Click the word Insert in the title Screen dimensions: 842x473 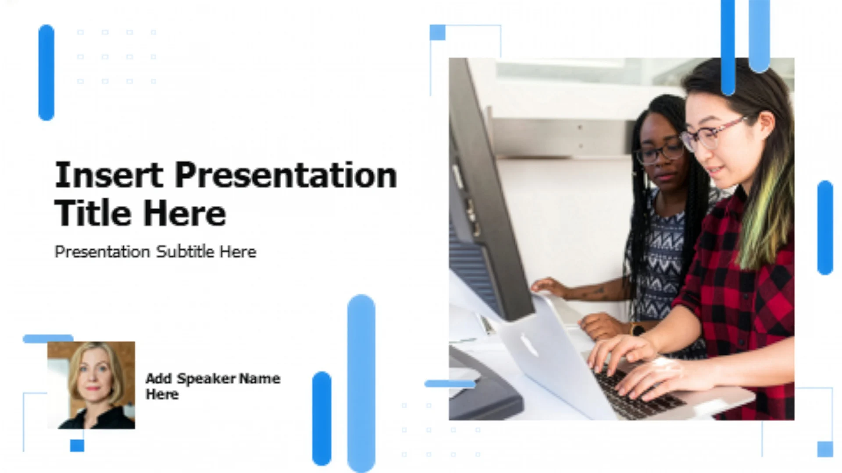click(109, 175)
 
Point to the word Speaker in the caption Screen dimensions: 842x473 click(206, 379)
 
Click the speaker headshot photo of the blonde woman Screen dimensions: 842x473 click(91, 385)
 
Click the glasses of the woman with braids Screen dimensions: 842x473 click(660, 153)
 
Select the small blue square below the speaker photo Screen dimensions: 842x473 click(77, 445)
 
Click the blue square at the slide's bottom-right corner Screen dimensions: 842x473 click(825, 449)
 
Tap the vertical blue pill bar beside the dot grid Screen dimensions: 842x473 click(46, 72)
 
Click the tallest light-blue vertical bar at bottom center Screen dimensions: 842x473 click(361, 383)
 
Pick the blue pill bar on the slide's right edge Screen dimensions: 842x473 click(825, 227)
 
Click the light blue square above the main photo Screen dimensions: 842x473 click(437, 32)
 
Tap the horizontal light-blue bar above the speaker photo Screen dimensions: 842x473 click(48, 338)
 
